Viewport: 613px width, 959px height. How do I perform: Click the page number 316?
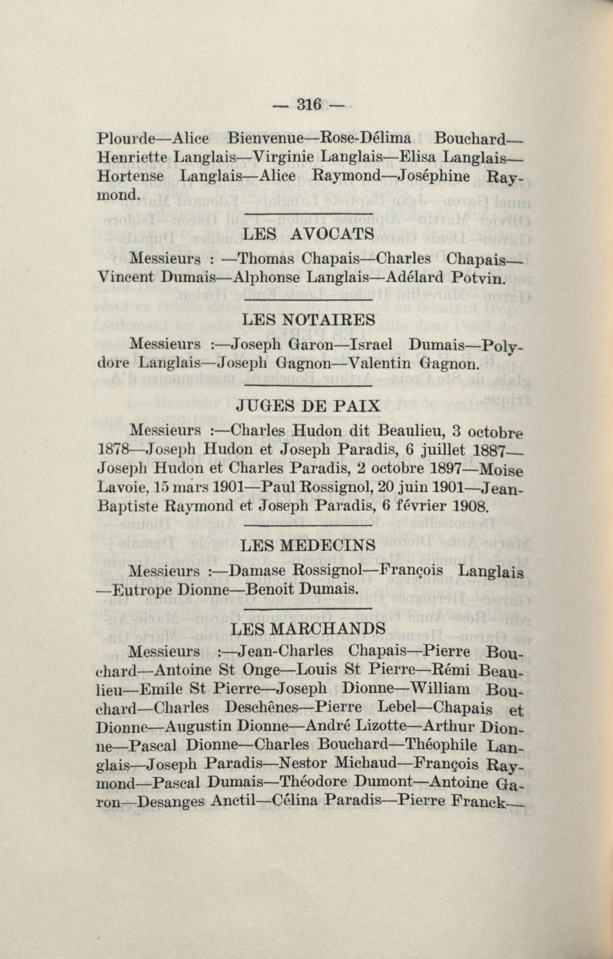[308, 105]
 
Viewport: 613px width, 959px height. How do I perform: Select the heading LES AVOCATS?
[308, 234]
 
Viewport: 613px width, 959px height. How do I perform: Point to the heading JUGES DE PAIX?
[308, 406]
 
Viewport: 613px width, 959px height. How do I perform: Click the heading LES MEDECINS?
[308, 545]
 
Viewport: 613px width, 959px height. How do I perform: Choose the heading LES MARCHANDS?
[308, 629]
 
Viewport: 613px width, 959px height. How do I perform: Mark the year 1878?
[112, 450]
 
